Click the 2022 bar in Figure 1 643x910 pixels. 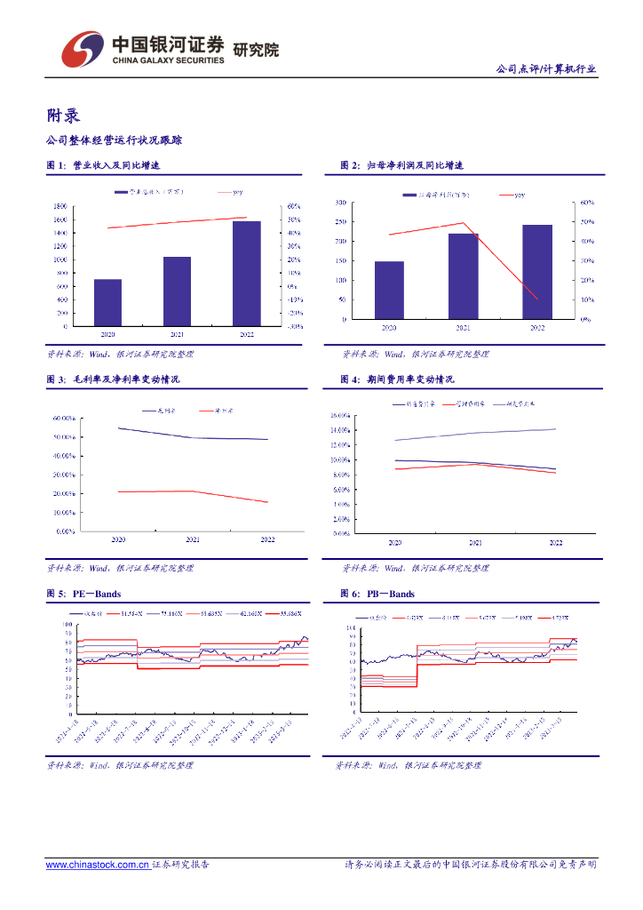246,273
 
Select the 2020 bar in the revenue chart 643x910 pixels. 107,302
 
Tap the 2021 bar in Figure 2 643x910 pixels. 463,276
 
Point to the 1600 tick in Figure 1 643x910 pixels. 60,220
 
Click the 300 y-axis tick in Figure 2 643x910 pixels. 340,203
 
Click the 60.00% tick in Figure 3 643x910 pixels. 63,418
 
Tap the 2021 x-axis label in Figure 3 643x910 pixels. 193,539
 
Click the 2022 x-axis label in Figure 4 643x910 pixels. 556,542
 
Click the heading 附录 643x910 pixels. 63,116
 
